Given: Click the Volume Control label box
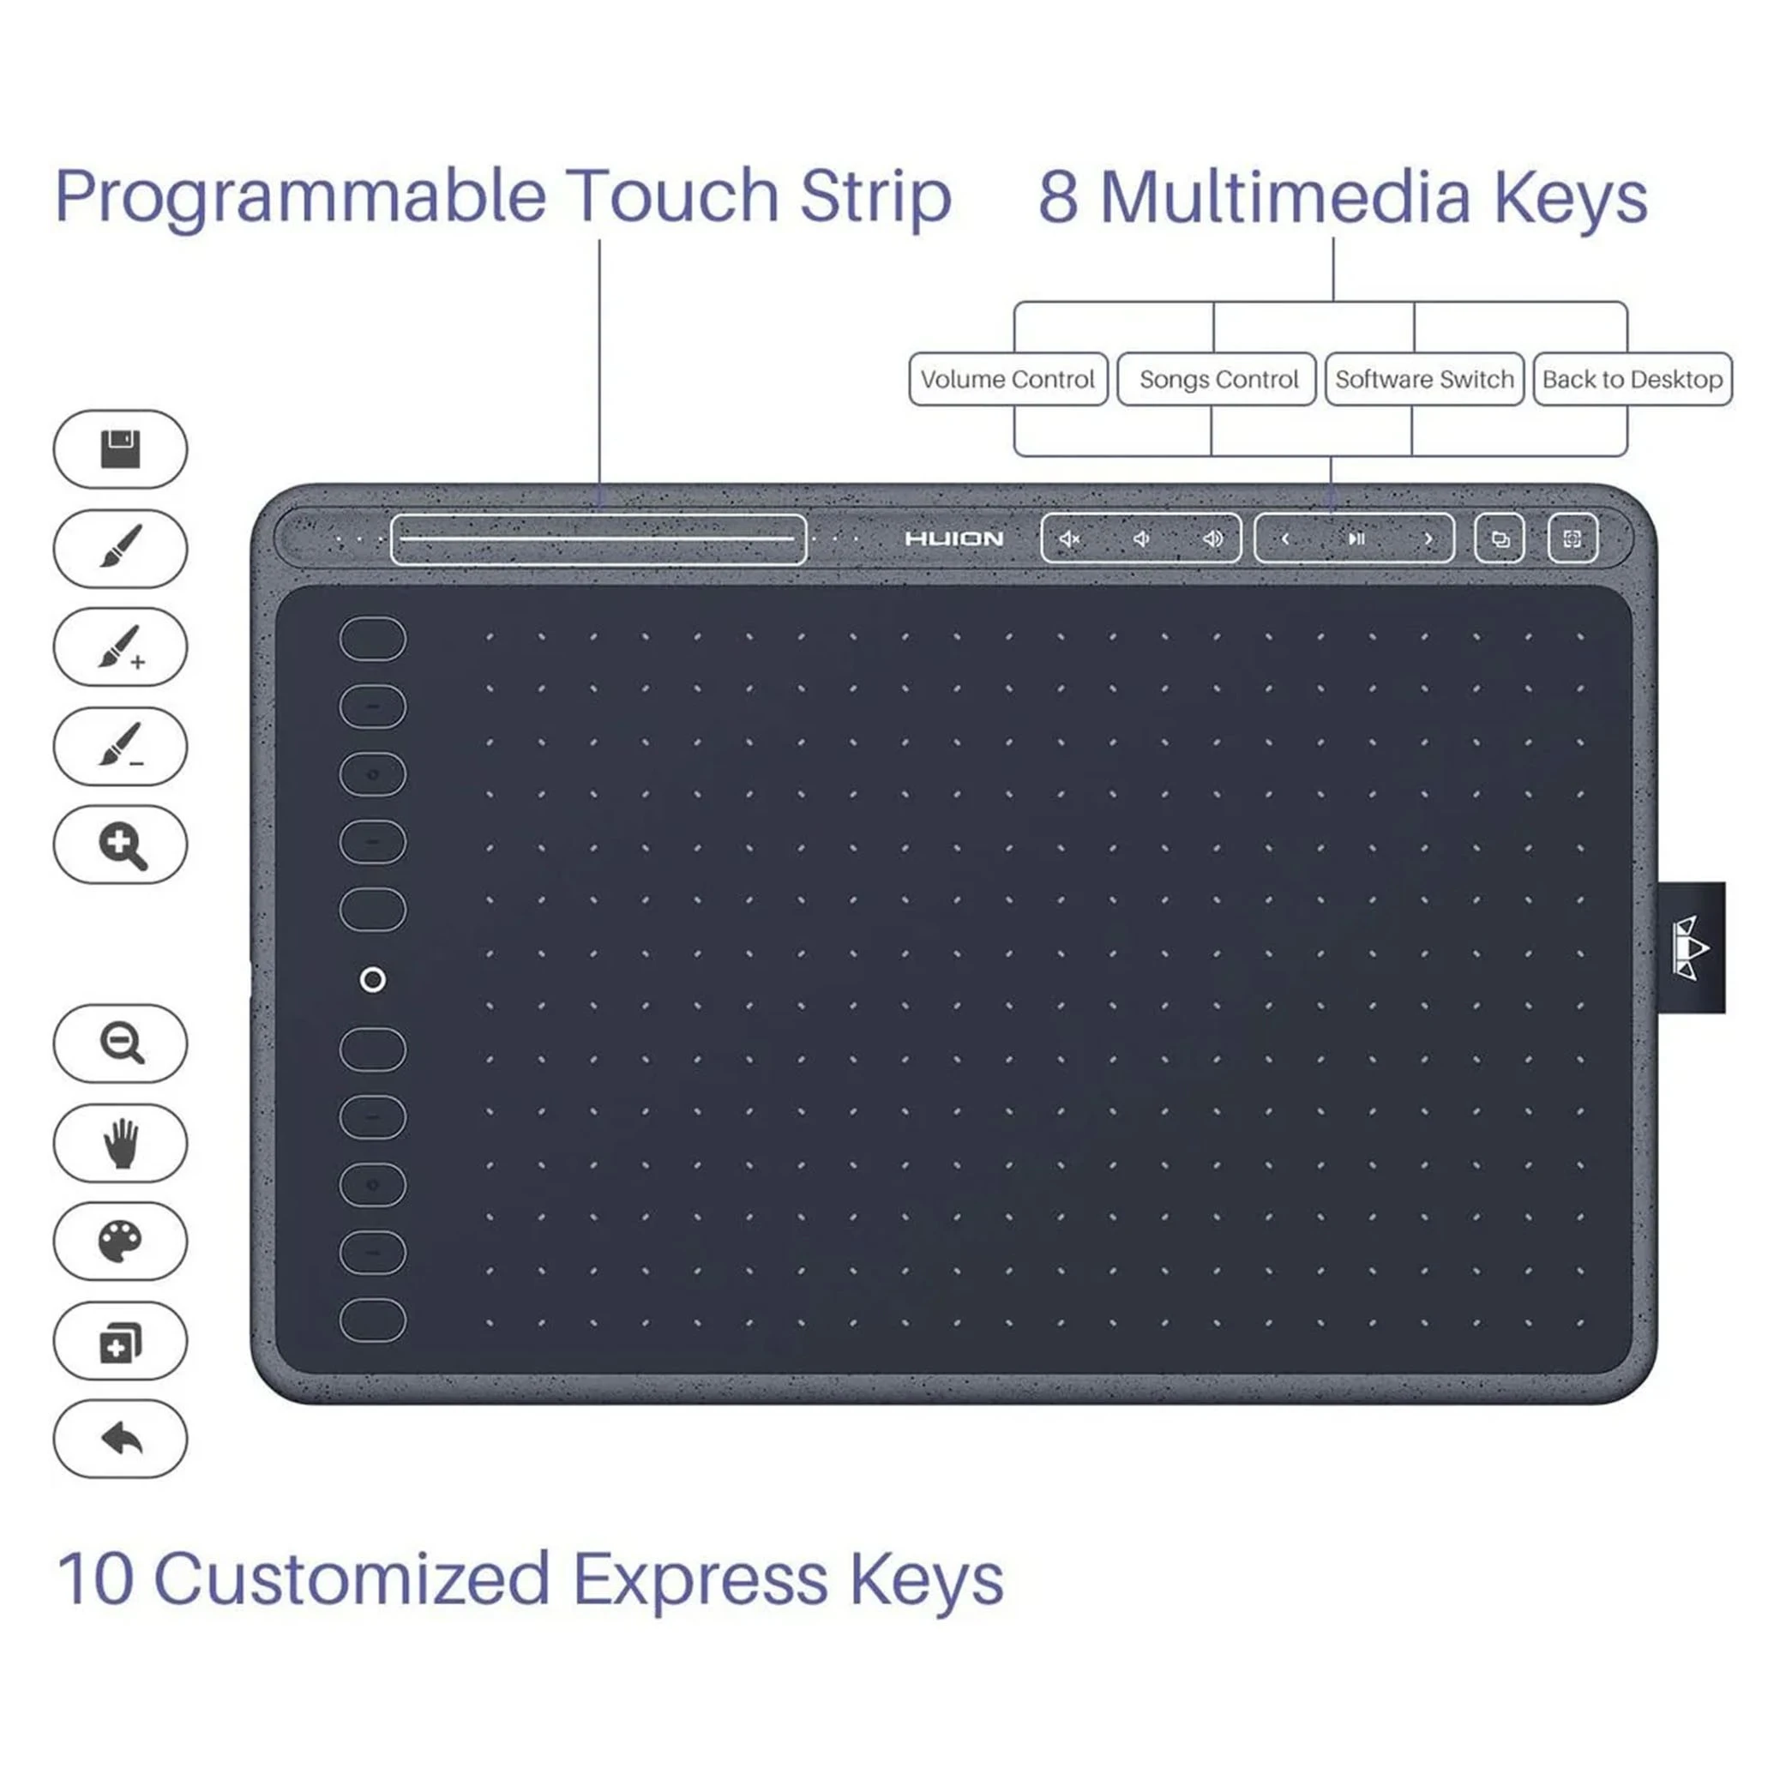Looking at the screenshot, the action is click(1007, 379).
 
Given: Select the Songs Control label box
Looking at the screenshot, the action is click(1217, 379).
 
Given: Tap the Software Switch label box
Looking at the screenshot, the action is click(1424, 379).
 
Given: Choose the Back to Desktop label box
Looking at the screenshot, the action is click(1633, 379).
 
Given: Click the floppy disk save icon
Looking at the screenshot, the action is click(120, 449).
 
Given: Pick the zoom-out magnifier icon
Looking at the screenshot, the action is click(122, 1043).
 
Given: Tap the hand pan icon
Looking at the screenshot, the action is click(120, 1143).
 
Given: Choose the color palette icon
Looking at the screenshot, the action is click(120, 1241).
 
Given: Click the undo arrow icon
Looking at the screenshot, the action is click(121, 1439).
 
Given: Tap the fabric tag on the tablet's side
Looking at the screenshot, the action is click(1691, 947).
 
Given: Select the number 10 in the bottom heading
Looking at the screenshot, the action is click(95, 1578).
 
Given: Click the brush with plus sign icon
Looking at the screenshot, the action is click(121, 647).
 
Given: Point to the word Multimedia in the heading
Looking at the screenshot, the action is click(1285, 197).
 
